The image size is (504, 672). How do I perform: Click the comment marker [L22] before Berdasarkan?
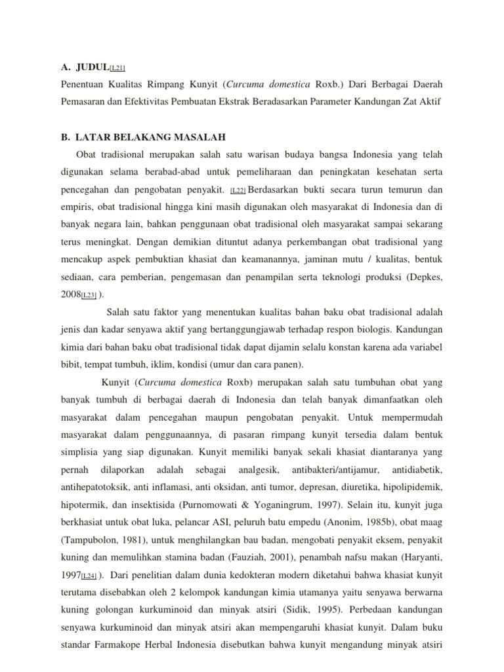[x=238, y=190]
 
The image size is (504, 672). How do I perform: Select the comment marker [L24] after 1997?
[x=89, y=576]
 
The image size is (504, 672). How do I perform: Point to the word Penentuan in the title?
[x=82, y=84]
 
